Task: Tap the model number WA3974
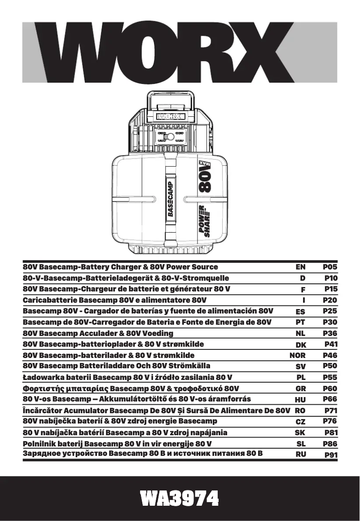(x=180, y=498)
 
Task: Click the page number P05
(x=330, y=267)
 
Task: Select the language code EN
(x=300, y=267)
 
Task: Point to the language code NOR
(x=298, y=355)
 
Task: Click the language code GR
(x=300, y=389)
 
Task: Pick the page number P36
(x=330, y=333)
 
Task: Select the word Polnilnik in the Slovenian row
(x=40, y=443)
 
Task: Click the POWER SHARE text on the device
(x=204, y=220)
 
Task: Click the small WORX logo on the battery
(x=170, y=116)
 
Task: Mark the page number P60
(x=330, y=389)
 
